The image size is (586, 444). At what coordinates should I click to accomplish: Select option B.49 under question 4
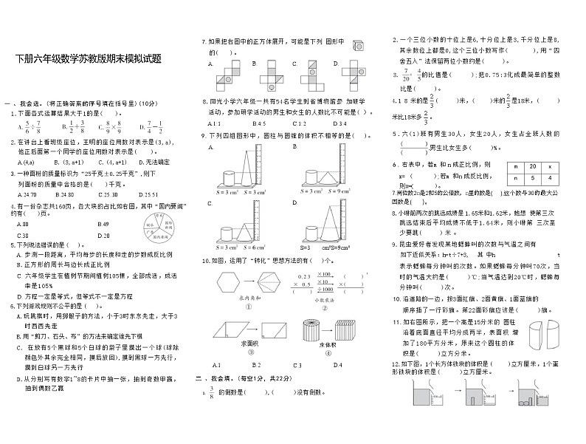(x=103, y=224)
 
